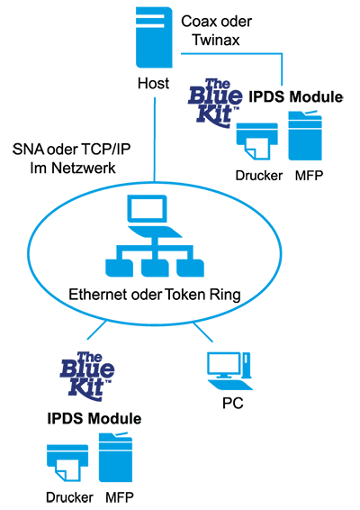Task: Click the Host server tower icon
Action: point(154,38)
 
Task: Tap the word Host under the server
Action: point(153,83)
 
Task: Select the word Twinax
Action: point(216,40)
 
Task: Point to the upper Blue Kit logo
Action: point(215,103)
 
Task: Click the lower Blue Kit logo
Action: point(87,376)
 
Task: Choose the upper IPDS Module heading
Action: point(296,97)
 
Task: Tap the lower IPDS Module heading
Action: point(94,419)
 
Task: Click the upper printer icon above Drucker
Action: point(257,141)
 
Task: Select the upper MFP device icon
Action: point(305,135)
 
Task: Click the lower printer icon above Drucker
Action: point(67,463)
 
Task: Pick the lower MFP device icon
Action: point(116,458)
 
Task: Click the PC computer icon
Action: point(229,371)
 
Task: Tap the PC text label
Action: point(233,404)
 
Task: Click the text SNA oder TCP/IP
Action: point(71,150)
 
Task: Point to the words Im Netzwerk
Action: point(73,168)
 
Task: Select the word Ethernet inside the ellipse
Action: point(98,295)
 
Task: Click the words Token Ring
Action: point(202,295)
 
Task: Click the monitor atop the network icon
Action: point(147,208)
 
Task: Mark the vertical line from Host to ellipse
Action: point(155,140)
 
